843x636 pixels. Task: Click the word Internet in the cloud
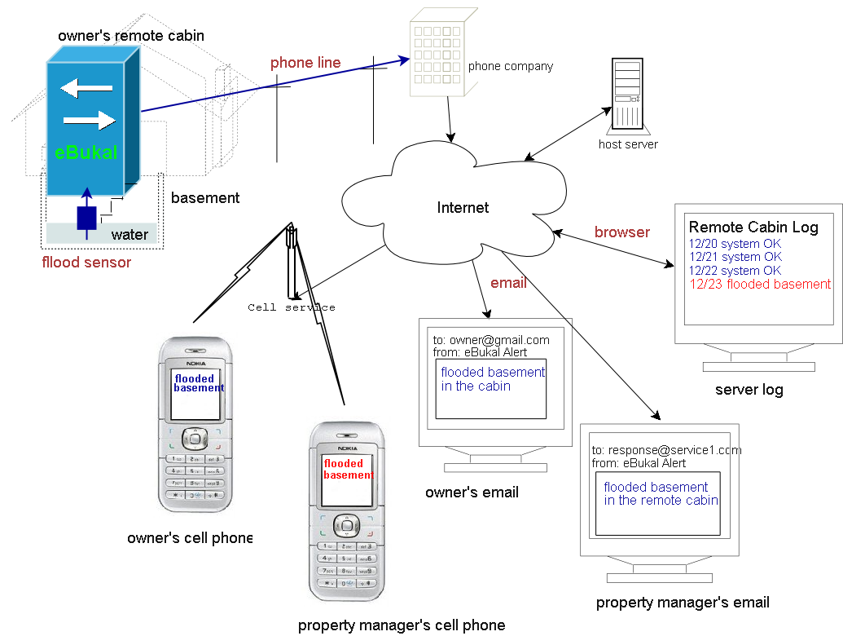(463, 207)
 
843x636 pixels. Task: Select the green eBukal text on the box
(86, 152)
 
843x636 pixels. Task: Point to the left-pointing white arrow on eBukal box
(86, 87)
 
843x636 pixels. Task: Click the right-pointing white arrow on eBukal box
(90, 121)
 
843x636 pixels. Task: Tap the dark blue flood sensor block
(86, 218)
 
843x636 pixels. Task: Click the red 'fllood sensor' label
(86, 263)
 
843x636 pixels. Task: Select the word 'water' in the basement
(130, 235)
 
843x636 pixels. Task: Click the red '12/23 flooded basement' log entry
(760, 285)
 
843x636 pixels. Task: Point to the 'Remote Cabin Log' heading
(753, 227)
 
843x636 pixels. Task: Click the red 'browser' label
(622, 232)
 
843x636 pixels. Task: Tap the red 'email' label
(508, 283)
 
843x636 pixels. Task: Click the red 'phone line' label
(305, 63)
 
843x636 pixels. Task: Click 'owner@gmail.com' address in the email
(499, 340)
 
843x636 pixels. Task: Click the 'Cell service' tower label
(292, 307)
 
